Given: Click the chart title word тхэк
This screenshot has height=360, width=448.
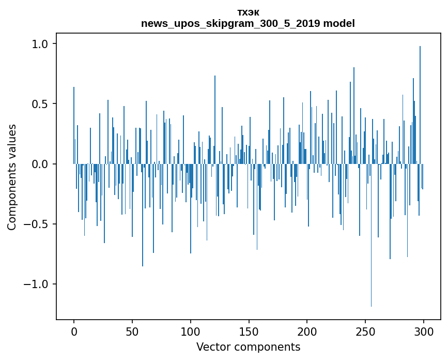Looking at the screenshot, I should (x=248, y=13).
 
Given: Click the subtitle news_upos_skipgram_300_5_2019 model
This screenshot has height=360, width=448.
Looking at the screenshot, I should (x=248, y=24).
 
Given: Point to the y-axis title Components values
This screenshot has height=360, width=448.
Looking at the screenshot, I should (x=12, y=177).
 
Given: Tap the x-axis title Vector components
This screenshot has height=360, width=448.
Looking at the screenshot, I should (x=248, y=347).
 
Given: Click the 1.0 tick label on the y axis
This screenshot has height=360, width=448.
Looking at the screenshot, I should (x=40, y=44).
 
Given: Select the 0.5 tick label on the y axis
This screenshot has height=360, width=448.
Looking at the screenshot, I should (x=40, y=104).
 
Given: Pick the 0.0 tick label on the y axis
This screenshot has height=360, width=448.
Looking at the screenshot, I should (x=40, y=164).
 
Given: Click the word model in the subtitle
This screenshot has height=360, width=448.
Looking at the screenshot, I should (x=341, y=24).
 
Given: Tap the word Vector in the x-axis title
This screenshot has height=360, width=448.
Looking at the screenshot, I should (x=212, y=347).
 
